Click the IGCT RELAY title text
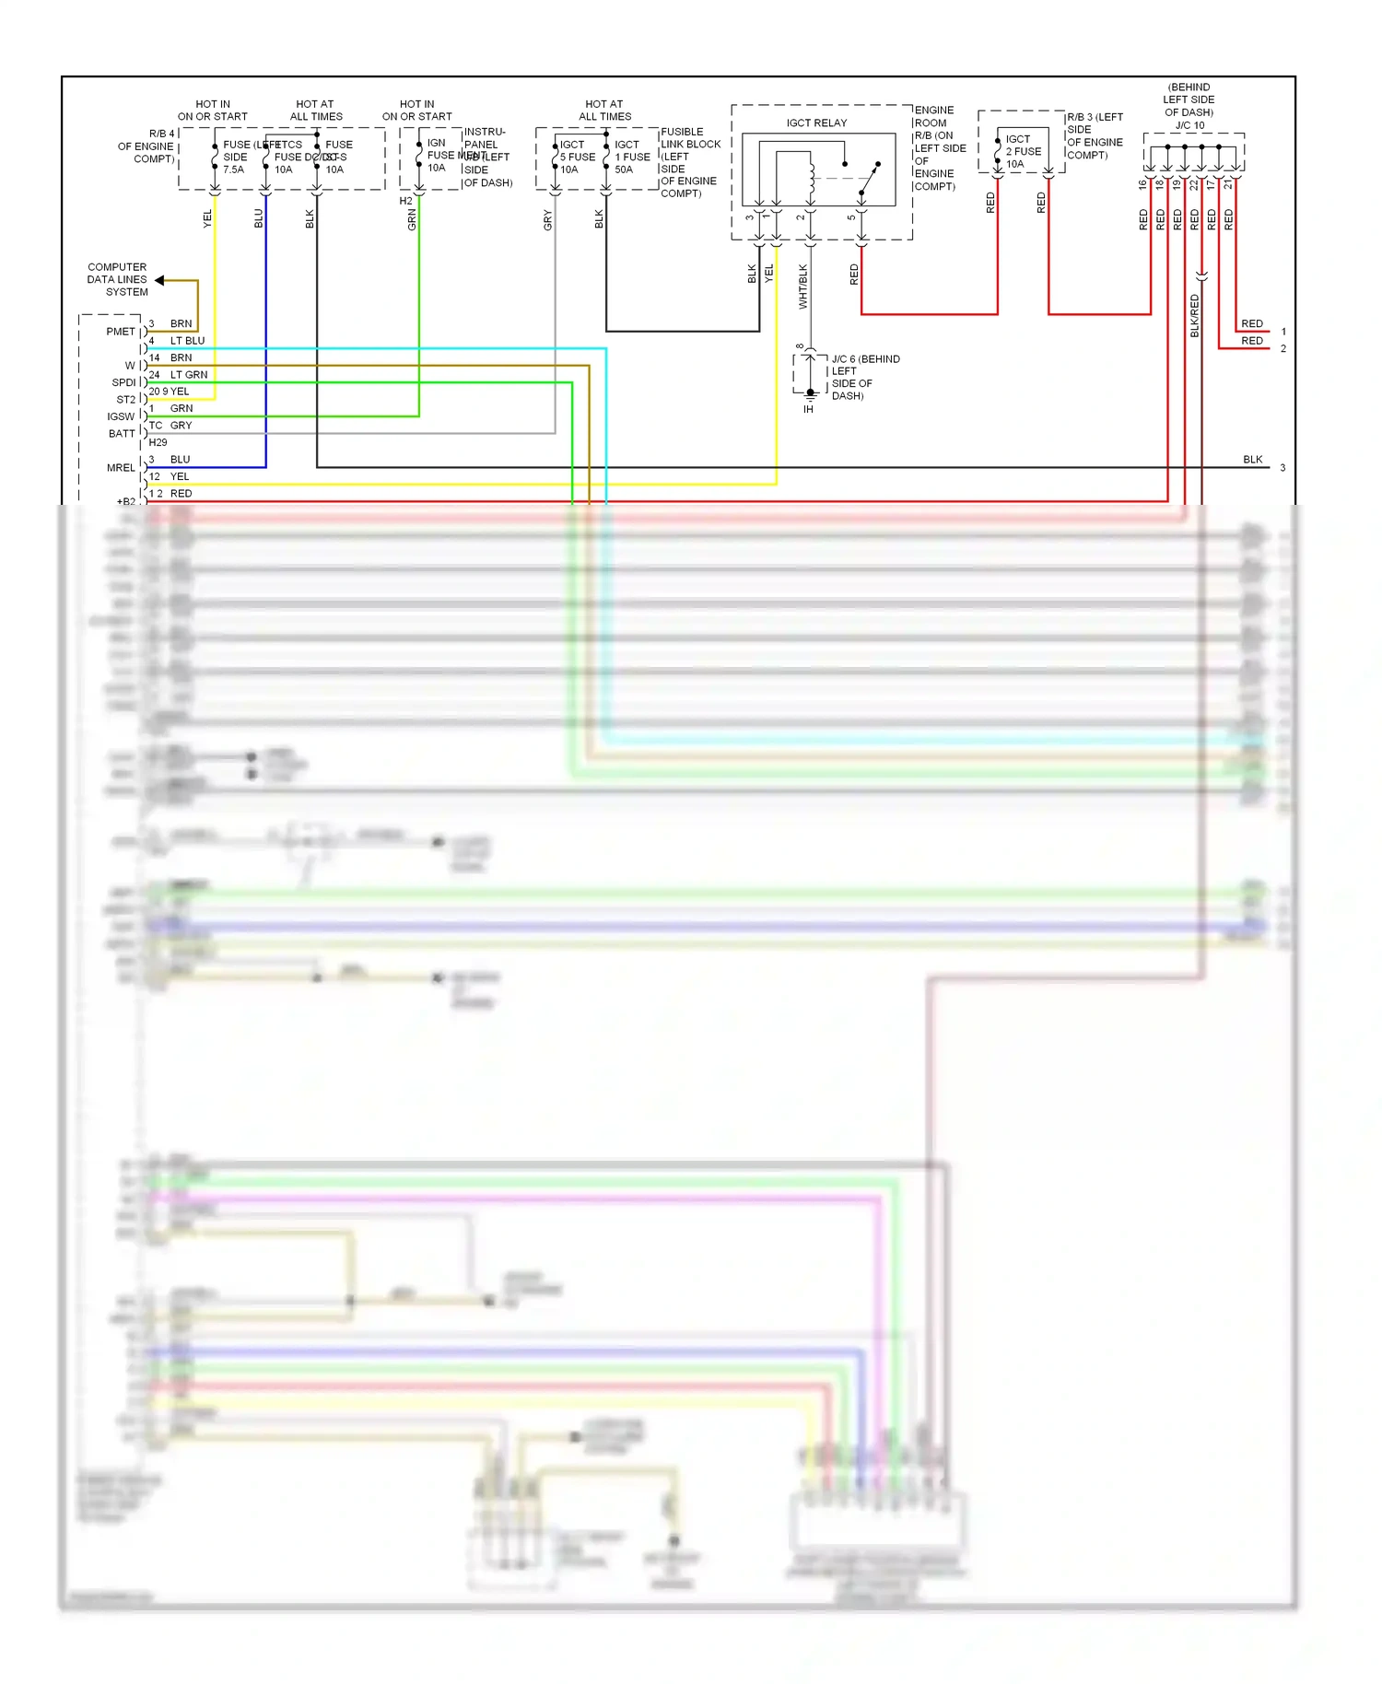point(816,123)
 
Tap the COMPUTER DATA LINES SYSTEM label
point(118,279)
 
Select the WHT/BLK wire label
point(802,287)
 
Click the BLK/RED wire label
point(1195,316)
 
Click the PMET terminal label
point(120,332)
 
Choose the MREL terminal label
point(120,468)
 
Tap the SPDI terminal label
point(123,382)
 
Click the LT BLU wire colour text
point(187,341)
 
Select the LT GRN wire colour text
point(189,375)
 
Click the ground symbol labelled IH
point(810,396)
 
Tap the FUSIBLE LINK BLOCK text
point(690,138)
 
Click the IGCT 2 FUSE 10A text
point(1023,151)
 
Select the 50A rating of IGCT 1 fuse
point(624,170)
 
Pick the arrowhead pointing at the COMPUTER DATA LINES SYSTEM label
point(159,280)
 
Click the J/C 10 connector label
point(1189,125)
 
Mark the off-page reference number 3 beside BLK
point(1282,468)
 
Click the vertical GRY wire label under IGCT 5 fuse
point(547,220)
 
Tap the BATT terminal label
point(122,434)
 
